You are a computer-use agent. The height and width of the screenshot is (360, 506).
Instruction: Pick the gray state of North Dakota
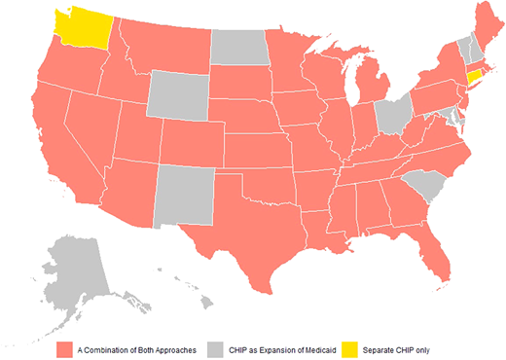tap(238, 47)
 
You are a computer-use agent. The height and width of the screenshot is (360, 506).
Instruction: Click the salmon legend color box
tap(65, 348)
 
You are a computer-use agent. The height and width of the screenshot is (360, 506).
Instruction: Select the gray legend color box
tap(219, 348)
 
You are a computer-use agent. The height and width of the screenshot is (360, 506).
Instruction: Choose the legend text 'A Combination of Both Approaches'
tap(136, 348)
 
